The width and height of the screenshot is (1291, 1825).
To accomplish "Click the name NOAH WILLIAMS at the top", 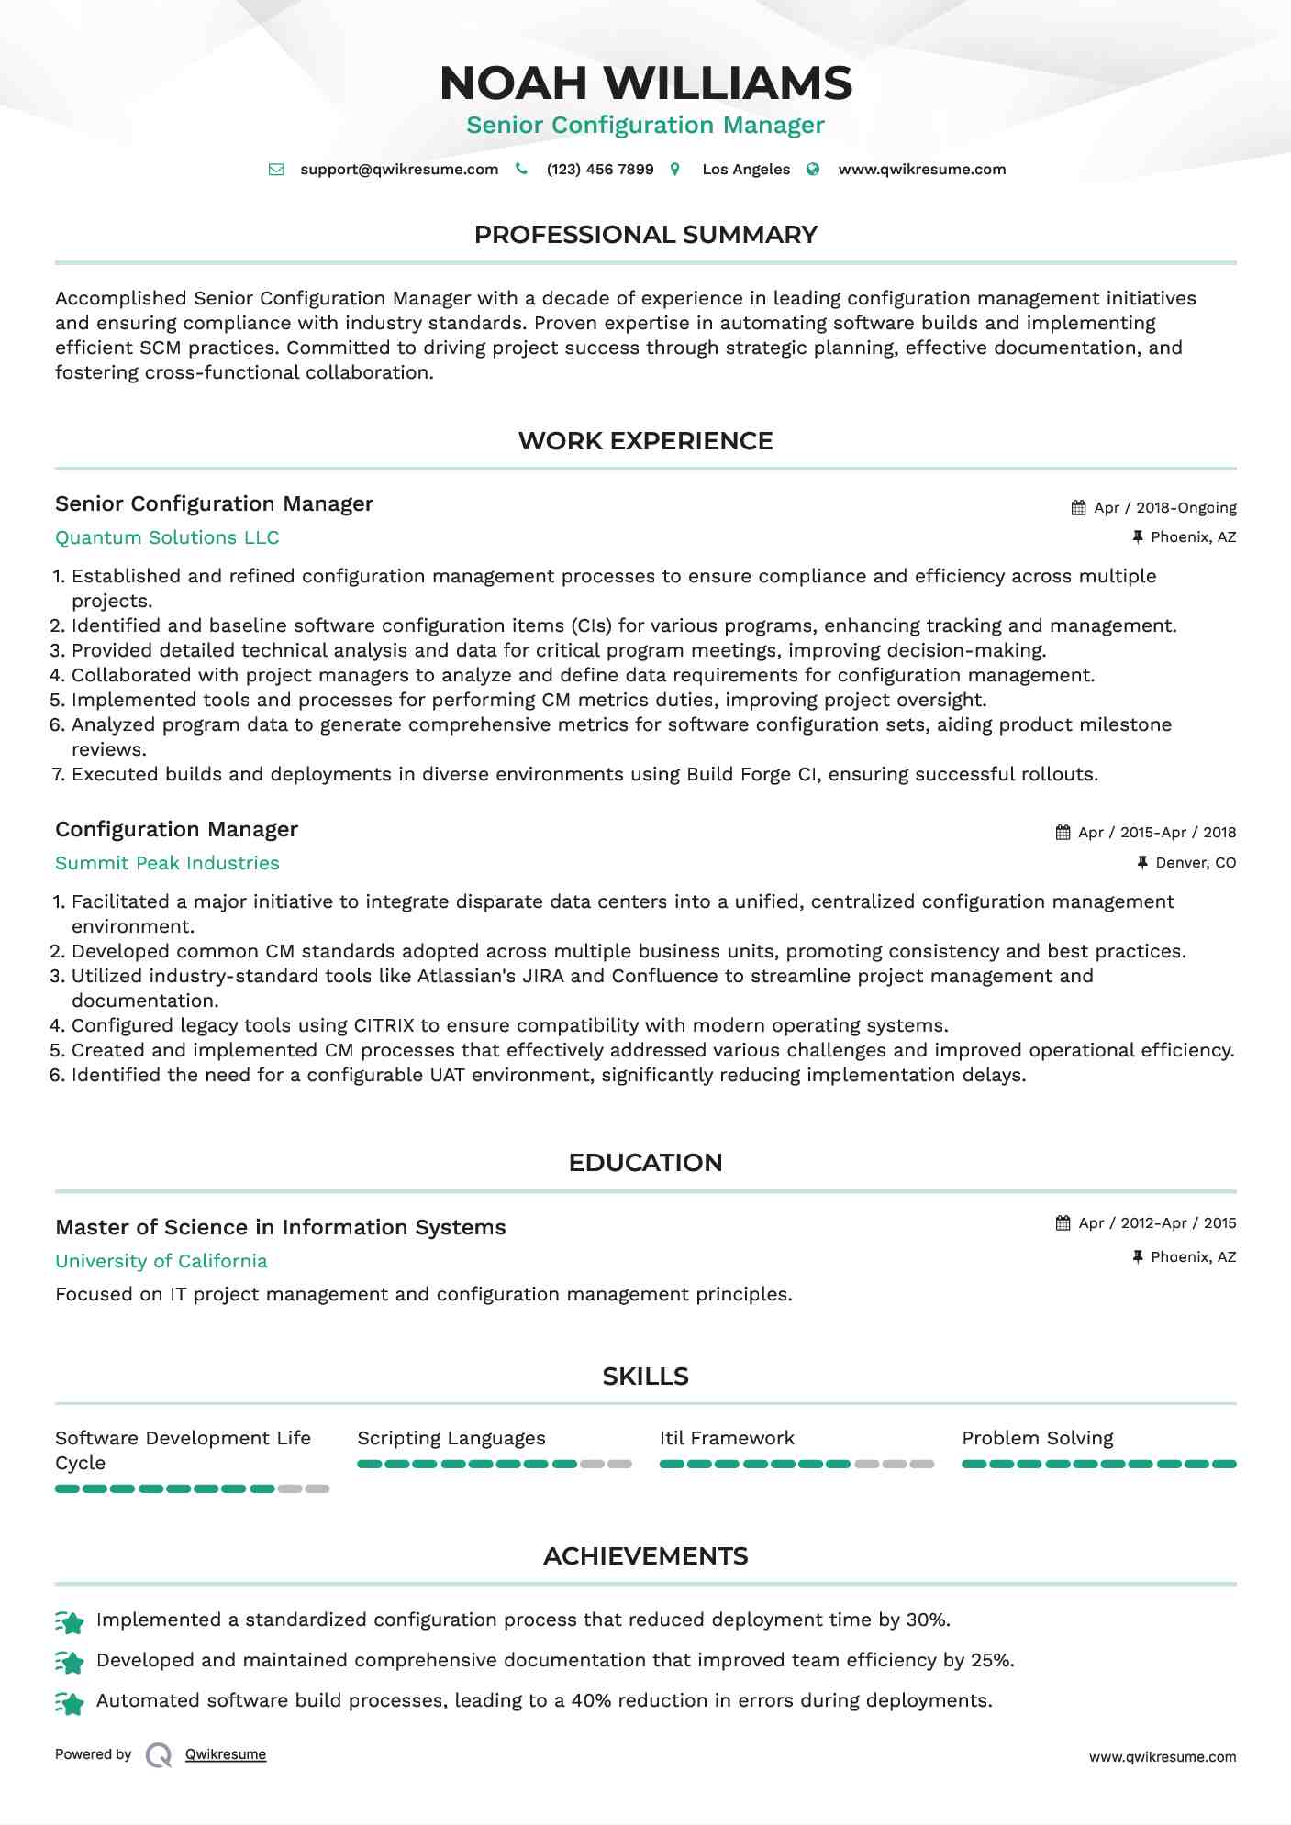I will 646,83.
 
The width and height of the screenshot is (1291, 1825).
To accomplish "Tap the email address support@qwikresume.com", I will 399,170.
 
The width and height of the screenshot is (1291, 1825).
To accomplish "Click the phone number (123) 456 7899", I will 600,170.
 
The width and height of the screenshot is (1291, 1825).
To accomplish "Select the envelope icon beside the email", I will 276,170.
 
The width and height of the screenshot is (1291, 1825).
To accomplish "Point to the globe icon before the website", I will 813,170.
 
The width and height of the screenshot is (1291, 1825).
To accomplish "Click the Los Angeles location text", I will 746,170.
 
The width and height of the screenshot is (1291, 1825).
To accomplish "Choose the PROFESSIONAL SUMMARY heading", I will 646,235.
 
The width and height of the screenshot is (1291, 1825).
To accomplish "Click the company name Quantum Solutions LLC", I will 167,538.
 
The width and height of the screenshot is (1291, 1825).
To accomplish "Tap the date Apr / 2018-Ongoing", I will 1165,508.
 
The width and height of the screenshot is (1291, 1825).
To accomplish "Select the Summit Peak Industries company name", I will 167,864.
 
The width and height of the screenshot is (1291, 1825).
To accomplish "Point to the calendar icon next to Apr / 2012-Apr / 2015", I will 1063,1223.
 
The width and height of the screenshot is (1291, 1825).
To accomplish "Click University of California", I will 161,1262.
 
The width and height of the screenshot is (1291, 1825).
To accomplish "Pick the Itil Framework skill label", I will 727,1439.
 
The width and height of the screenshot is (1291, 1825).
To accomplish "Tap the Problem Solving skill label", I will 1038,1439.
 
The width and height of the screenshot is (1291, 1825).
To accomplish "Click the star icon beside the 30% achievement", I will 71,1621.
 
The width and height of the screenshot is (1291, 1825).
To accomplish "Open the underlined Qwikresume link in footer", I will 226,1754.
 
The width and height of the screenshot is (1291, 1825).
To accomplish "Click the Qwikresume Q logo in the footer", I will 159,1755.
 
